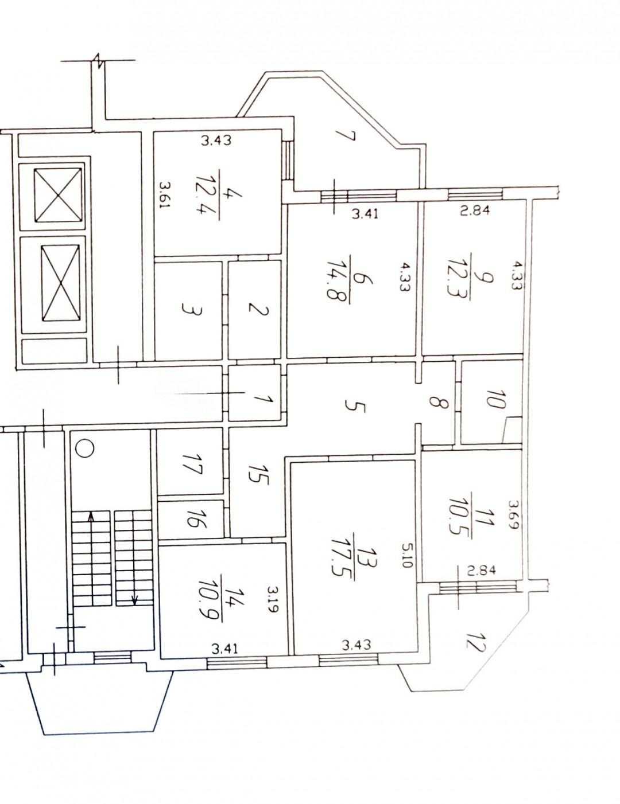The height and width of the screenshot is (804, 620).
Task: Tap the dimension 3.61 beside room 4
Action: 164,195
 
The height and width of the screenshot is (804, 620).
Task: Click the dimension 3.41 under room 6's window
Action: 365,214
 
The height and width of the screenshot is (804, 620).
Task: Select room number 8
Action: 438,401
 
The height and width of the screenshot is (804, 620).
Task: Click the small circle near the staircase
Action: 84,448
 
